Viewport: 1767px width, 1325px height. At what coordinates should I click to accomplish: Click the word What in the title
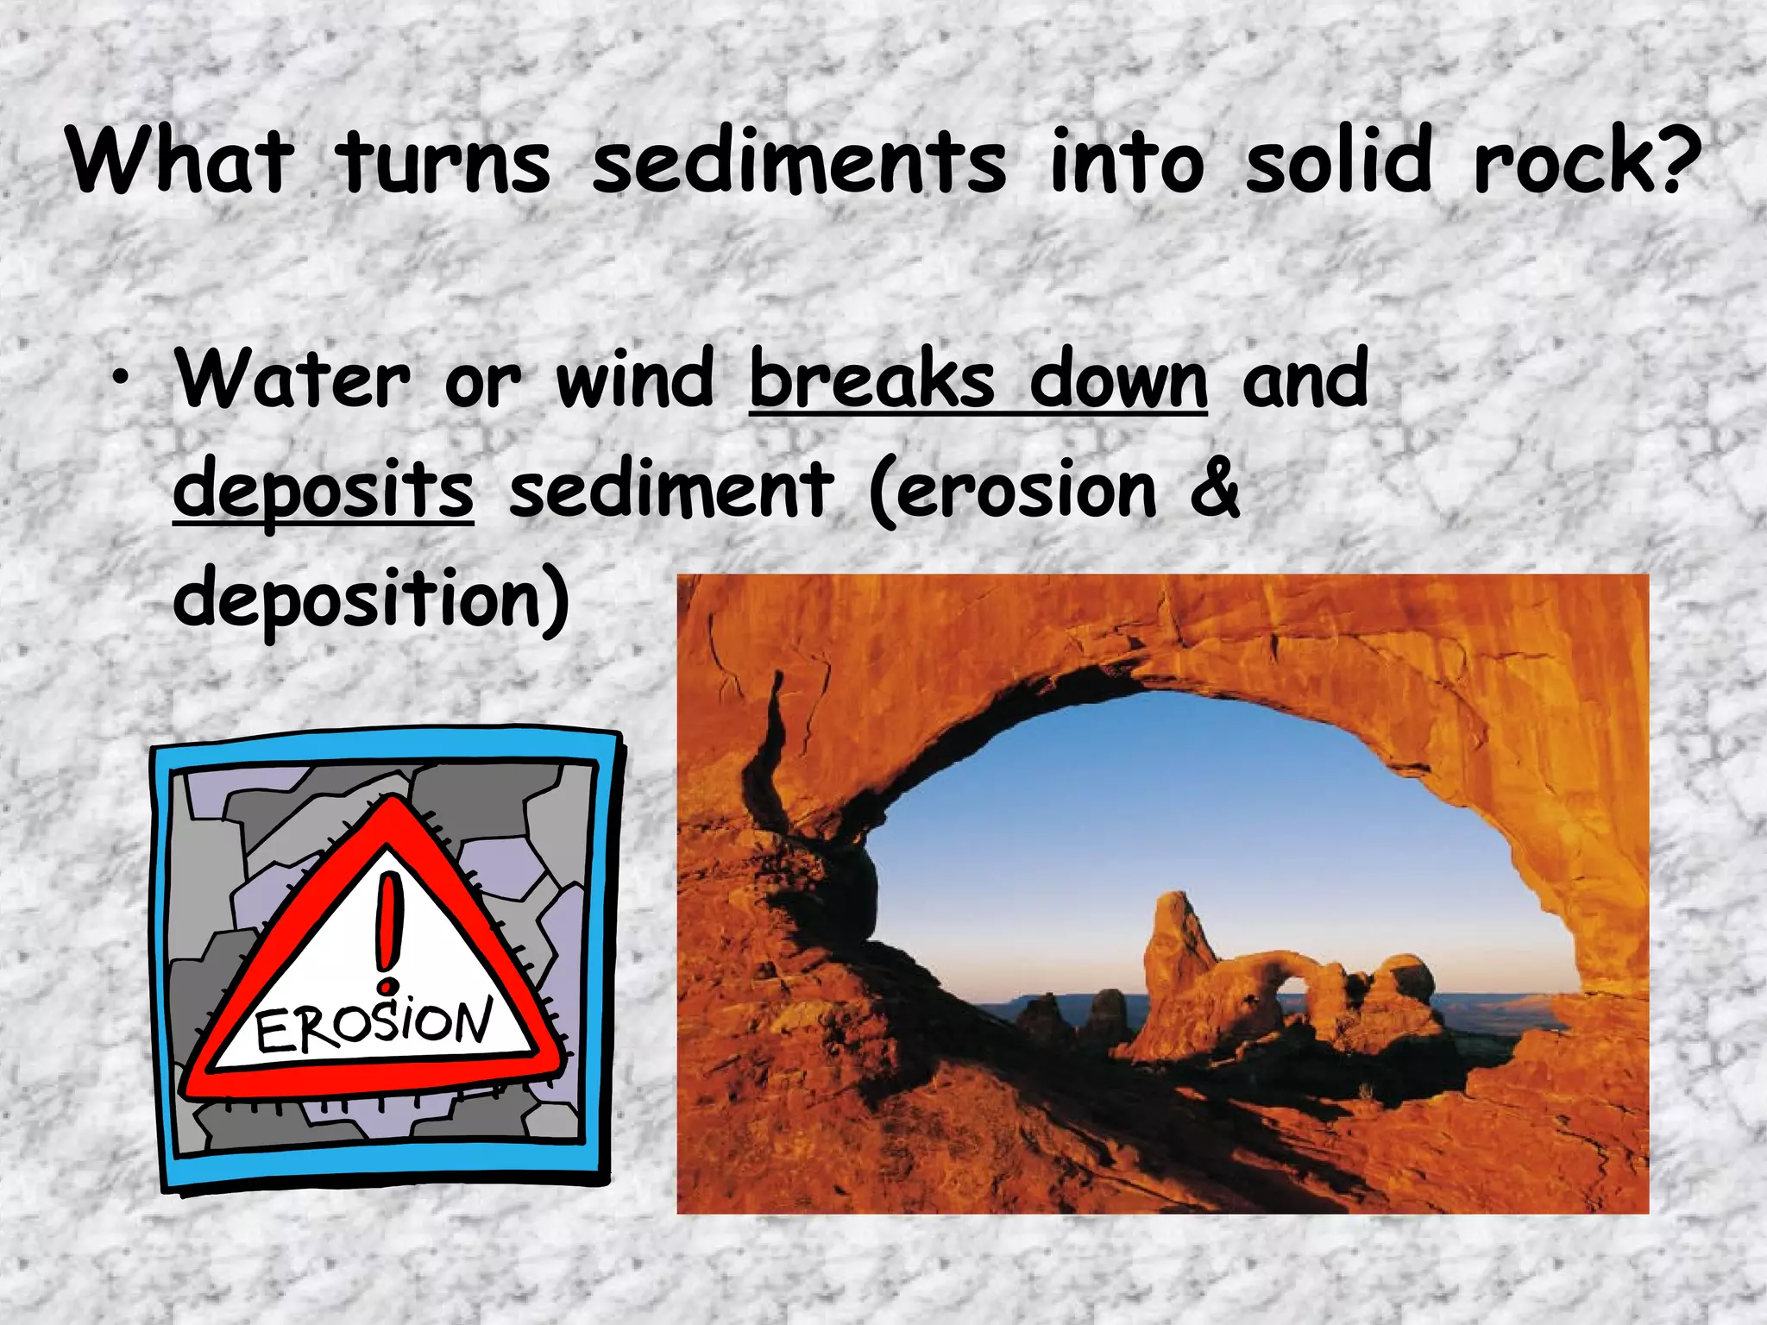click(179, 161)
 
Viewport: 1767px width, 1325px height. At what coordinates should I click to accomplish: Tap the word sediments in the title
click(799, 161)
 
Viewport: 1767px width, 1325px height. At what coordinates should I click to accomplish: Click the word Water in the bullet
click(292, 380)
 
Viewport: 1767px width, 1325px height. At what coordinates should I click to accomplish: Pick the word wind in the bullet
click(635, 380)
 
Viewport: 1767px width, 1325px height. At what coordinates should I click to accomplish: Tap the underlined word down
click(1118, 380)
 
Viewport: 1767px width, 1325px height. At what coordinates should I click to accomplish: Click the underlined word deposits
click(324, 490)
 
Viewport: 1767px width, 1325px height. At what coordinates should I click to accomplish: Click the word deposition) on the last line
click(371, 599)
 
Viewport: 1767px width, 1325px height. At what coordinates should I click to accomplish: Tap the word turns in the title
click(443, 161)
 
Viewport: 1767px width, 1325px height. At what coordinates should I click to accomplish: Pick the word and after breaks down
click(1305, 380)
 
